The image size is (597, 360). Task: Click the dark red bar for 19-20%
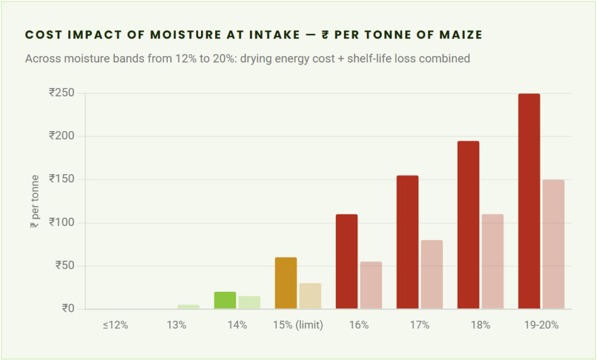(x=529, y=201)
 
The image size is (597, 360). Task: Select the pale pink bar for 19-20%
(x=553, y=244)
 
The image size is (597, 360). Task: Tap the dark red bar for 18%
(x=468, y=225)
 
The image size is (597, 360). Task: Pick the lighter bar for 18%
(x=493, y=262)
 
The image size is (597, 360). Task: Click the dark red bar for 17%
(x=408, y=242)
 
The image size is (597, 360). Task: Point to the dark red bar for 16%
(x=347, y=262)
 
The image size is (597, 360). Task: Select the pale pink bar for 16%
(x=371, y=285)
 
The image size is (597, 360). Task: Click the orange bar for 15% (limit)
(x=286, y=283)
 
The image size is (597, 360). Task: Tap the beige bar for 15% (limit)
(x=310, y=296)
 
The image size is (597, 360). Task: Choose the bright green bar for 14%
(x=225, y=300)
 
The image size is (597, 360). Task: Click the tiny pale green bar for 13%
(x=188, y=306)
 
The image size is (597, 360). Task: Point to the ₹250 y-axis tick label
(x=62, y=93)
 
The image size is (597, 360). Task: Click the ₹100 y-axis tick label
(x=62, y=223)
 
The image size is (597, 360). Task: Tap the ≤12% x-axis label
(x=115, y=325)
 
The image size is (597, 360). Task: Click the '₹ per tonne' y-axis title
(x=34, y=201)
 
